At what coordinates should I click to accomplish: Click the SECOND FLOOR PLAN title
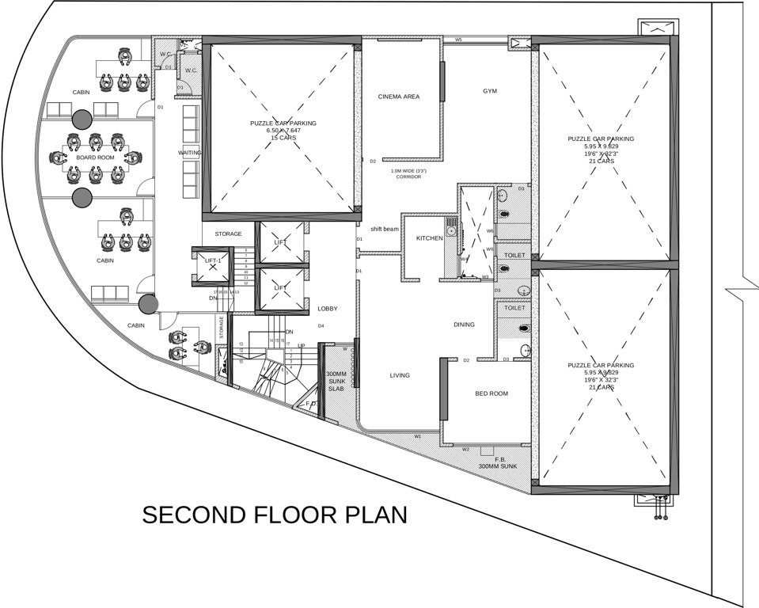275,515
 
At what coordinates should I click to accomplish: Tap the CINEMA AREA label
399,97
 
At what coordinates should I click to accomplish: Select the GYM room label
490,91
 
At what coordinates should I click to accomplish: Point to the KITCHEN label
429,238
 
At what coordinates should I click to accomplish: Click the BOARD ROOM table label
95,158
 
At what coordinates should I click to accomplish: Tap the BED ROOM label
491,393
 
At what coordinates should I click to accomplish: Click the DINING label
465,325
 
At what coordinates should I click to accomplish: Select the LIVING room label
400,375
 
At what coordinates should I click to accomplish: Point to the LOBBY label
328,309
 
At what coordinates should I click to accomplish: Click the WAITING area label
190,152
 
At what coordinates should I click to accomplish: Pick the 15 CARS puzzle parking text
283,138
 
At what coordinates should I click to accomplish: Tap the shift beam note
385,229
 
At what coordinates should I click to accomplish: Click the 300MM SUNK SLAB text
337,381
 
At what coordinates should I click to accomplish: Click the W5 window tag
458,40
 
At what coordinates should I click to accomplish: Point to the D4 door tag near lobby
321,326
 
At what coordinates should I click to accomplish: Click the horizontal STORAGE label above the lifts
228,234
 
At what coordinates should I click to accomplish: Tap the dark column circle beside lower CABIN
146,303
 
